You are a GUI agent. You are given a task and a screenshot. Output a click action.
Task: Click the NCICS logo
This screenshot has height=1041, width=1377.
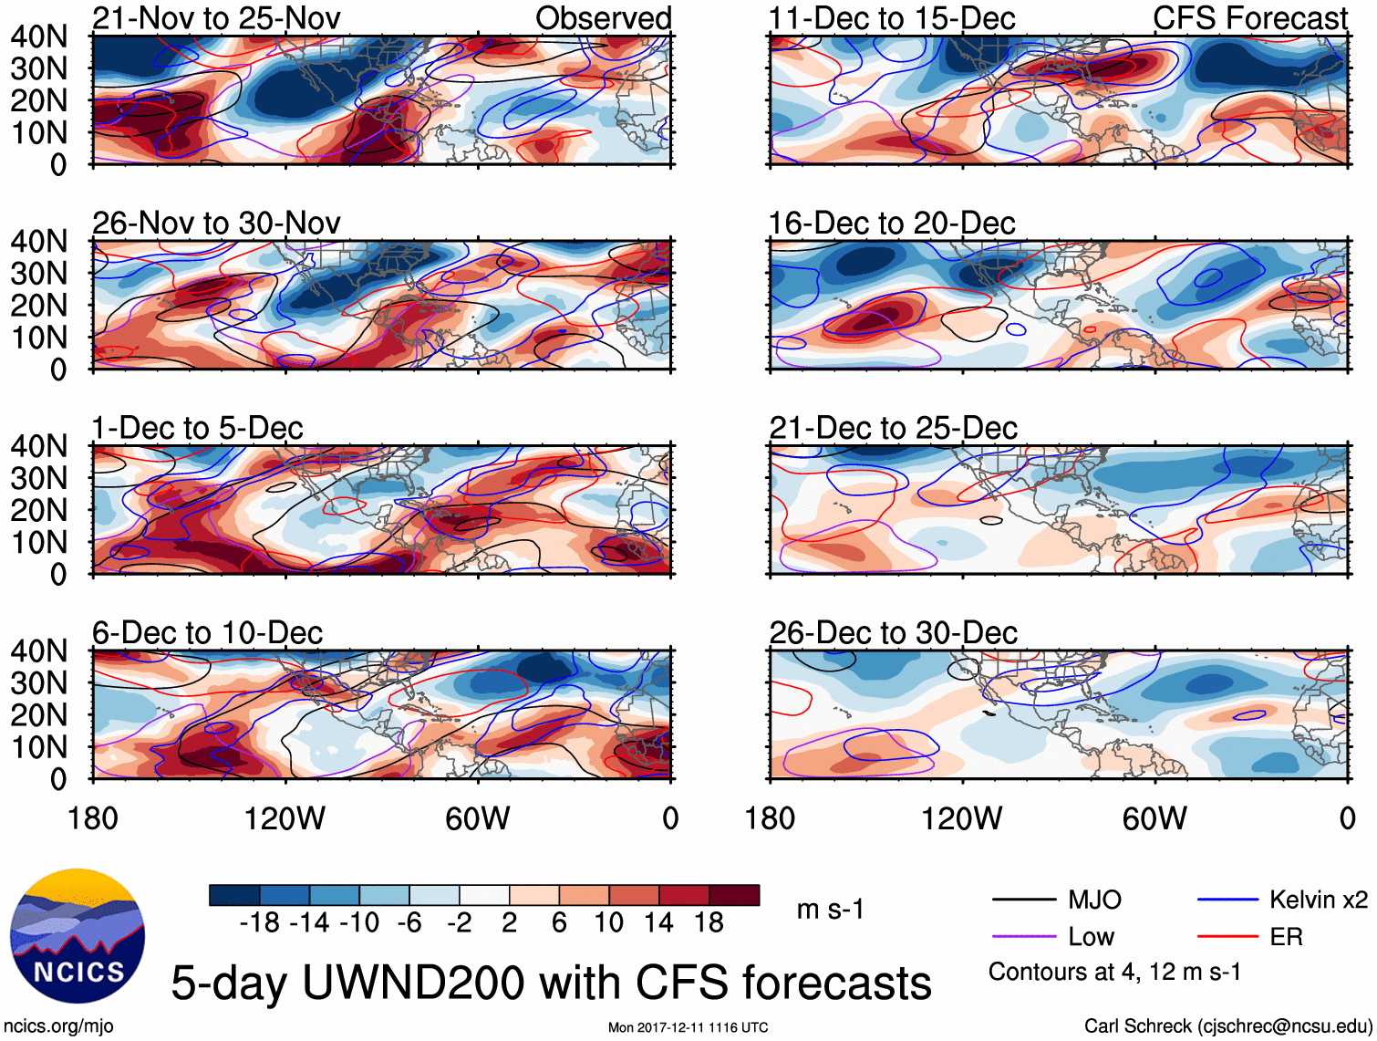(x=78, y=935)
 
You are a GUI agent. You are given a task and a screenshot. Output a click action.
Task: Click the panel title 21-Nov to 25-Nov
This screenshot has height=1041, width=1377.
(x=216, y=18)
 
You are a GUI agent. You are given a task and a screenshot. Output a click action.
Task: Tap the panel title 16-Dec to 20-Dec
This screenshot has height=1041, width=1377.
(x=891, y=224)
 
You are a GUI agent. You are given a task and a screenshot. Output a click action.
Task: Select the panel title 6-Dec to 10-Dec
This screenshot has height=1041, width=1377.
(x=207, y=633)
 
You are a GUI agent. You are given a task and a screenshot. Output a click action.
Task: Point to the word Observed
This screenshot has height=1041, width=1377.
(x=603, y=18)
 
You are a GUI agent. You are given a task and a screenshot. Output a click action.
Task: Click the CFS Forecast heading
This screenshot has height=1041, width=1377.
(x=1249, y=18)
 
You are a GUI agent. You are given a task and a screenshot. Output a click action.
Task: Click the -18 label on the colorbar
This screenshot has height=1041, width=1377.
(x=259, y=923)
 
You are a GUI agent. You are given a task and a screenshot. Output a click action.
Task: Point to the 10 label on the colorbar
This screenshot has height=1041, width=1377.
(x=608, y=923)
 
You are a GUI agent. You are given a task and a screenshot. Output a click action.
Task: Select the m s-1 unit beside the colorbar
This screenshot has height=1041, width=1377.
(x=830, y=910)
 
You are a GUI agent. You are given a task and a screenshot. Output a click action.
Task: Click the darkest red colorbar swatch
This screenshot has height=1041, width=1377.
(x=734, y=895)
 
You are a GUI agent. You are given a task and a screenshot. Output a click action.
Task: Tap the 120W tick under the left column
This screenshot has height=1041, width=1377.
(x=285, y=818)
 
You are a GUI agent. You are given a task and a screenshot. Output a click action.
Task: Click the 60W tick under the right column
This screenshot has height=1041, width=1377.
(x=1154, y=818)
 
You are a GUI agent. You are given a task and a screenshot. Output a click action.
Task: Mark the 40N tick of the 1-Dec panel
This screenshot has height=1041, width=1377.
(x=38, y=446)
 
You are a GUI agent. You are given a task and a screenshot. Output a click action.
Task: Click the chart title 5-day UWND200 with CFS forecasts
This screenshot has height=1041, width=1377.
(x=551, y=984)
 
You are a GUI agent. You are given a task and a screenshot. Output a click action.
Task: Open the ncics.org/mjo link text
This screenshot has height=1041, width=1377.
(x=58, y=1026)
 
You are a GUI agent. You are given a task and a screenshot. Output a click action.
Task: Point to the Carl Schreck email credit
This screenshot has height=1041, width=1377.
(x=1227, y=1026)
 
